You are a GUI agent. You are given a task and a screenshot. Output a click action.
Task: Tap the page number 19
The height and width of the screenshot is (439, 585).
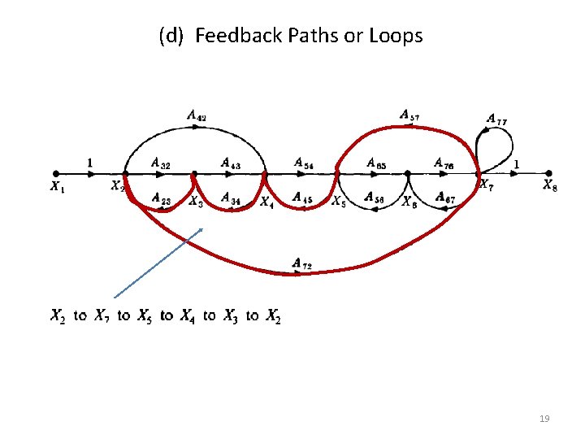544,419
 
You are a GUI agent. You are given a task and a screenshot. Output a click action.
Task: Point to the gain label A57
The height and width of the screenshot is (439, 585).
409,115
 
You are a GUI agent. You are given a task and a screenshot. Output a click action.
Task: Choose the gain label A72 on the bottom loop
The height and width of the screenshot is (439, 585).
302,263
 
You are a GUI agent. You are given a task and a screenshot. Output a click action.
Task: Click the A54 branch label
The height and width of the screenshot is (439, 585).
304,163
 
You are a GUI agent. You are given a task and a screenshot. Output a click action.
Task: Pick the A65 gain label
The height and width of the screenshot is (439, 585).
376,163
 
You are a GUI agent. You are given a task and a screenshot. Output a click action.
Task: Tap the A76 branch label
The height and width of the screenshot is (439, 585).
444,163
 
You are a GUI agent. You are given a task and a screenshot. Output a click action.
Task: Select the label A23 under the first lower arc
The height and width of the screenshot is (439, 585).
161,197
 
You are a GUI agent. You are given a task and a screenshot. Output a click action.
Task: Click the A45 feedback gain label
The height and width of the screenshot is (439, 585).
301,197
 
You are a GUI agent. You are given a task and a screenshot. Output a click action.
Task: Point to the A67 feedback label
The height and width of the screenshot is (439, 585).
444,197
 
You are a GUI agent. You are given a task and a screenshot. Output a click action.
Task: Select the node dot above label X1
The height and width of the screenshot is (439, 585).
55,172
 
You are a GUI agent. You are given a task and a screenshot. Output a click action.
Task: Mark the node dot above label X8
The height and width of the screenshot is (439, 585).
549,172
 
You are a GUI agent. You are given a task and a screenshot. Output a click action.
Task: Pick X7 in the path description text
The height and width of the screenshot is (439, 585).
102,315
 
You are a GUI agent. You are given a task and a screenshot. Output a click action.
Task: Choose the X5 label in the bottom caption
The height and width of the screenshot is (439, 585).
145,315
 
